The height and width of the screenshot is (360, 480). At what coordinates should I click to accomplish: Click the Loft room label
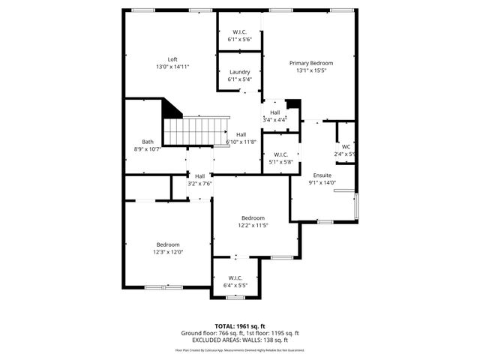pyautogui.click(x=172, y=59)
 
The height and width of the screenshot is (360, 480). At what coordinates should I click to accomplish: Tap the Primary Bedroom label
pyautogui.click(x=311, y=63)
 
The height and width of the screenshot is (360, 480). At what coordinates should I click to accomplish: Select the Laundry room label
pyautogui.click(x=239, y=72)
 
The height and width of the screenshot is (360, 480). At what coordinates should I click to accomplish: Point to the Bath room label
pyautogui.click(x=148, y=142)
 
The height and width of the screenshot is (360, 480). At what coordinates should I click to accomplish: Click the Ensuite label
pyautogui.click(x=322, y=175)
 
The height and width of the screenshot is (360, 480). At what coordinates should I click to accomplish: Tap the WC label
pyautogui.click(x=346, y=146)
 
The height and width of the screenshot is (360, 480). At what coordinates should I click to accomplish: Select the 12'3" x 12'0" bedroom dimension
pyautogui.click(x=168, y=252)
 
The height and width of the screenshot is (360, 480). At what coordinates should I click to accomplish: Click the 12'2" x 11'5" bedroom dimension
pyautogui.click(x=253, y=225)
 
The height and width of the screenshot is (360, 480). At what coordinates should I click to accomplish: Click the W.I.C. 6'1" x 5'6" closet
pyautogui.click(x=240, y=35)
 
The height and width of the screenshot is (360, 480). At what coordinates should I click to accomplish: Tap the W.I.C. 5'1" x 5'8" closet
pyautogui.click(x=281, y=158)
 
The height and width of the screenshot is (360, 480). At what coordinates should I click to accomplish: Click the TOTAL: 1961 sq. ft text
pyautogui.click(x=240, y=326)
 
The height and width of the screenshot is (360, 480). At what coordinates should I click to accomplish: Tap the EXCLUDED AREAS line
pyautogui.click(x=240, y=340)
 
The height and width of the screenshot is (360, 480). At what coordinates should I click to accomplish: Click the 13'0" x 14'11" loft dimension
pyautogui.click(x=172, y=67)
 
